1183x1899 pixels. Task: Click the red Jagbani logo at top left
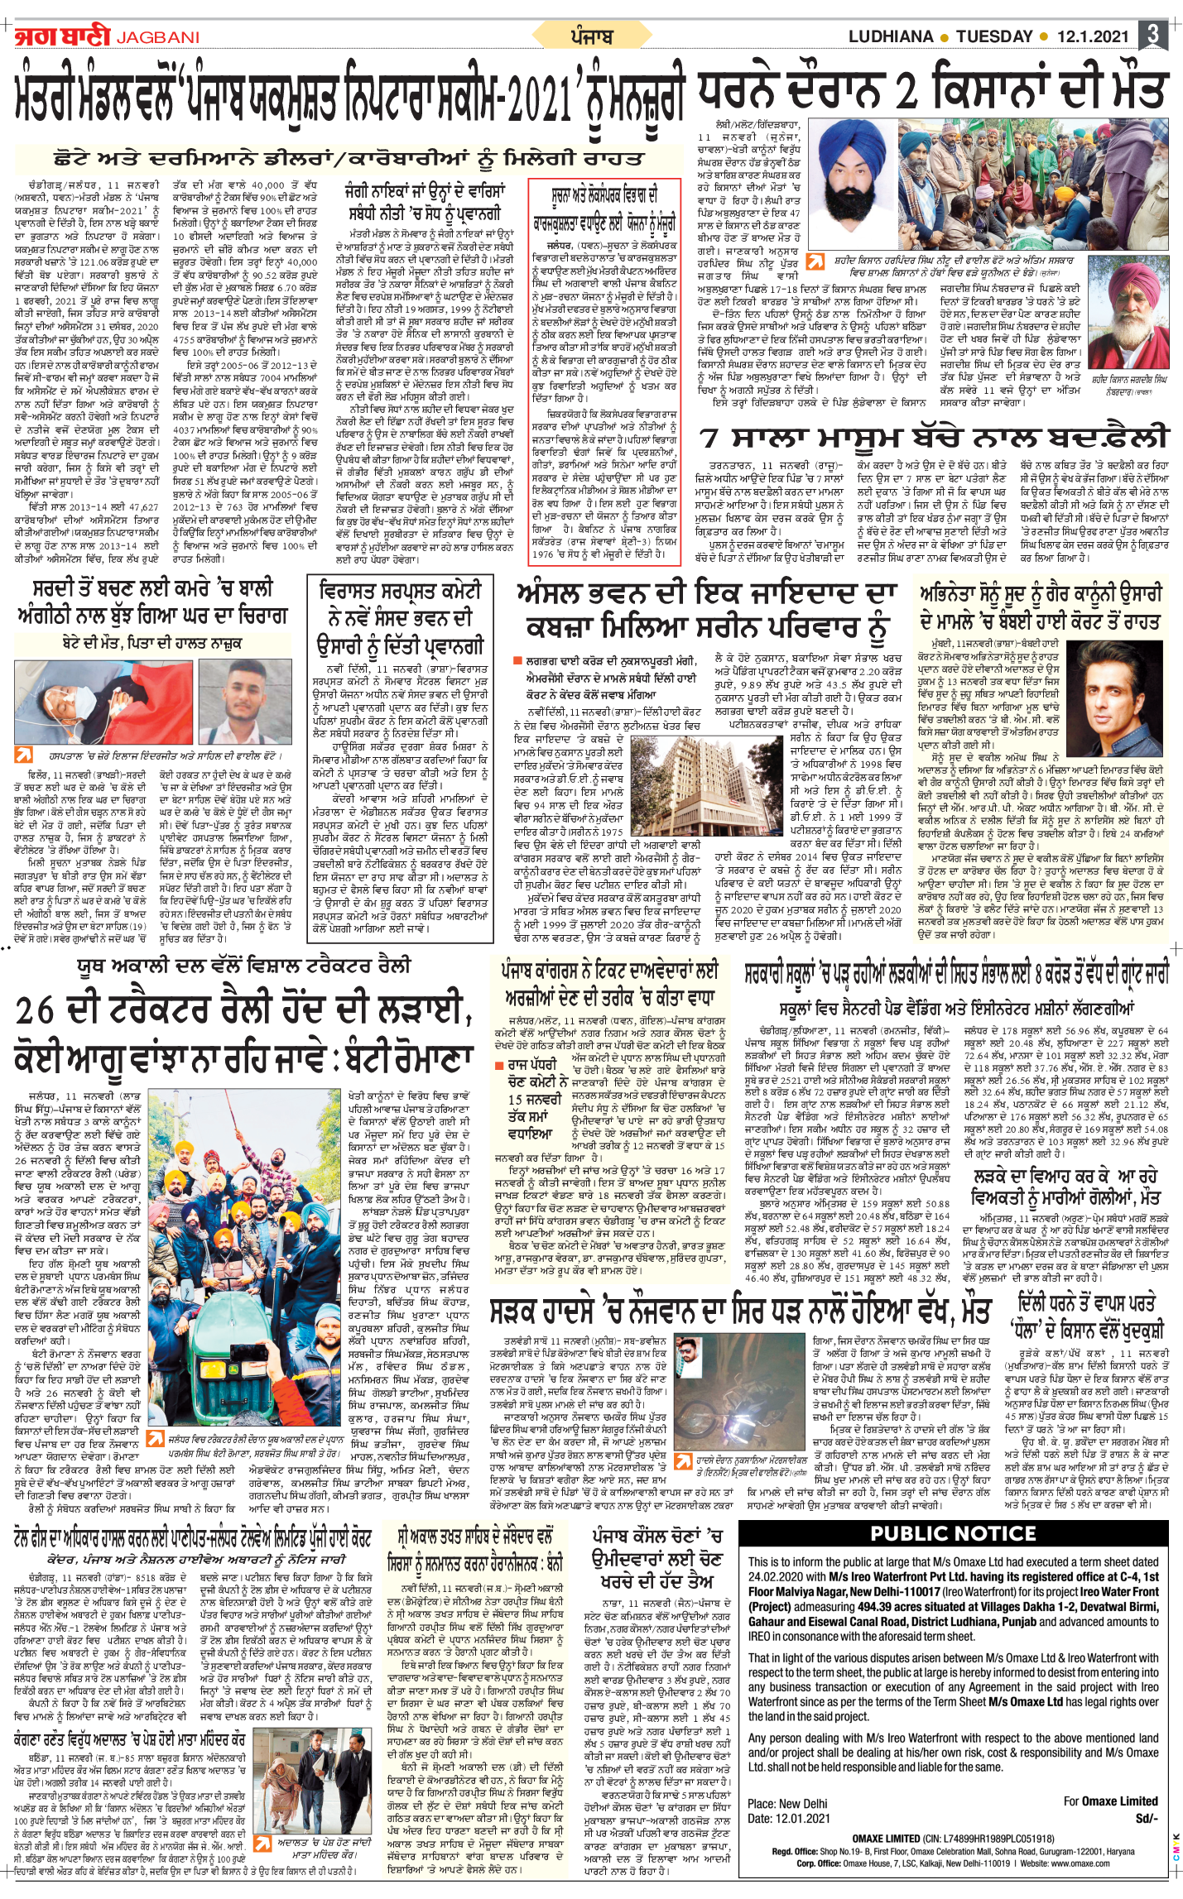point(62,36)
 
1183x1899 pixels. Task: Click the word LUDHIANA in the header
point(890,36)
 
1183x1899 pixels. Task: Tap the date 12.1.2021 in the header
point(1092,36)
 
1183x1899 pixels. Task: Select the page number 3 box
point(1152,35)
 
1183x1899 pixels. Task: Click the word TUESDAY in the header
point(994,36)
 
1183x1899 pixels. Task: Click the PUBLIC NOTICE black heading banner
point(953,1533)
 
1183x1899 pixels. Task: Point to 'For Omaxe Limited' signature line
point(1110,1801)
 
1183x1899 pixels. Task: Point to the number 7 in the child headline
point(711,439)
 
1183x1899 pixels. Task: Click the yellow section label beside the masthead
point(591,36)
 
